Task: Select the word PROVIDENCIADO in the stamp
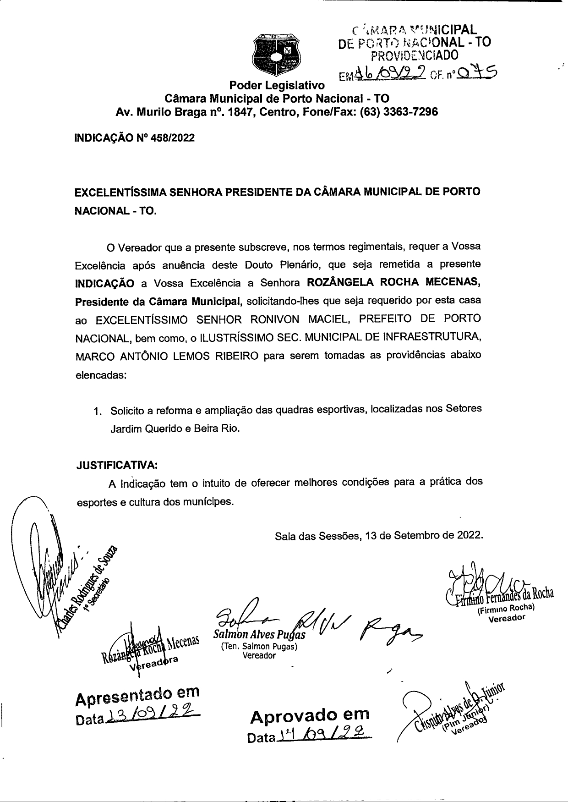[x=415, y=55]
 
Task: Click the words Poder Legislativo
[x=277, y=85]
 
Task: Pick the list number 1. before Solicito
[x=97, y=411]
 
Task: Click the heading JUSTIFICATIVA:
[x=117, y=465]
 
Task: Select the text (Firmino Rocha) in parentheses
[x=506, y=610]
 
